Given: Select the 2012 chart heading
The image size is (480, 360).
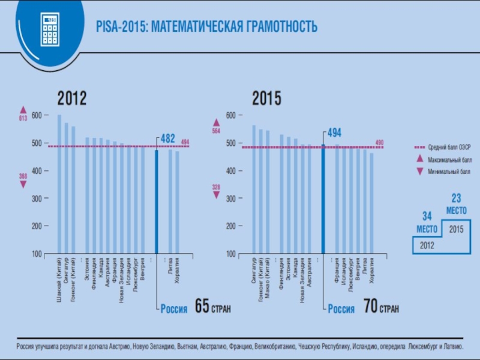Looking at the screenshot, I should [x=72, y=98].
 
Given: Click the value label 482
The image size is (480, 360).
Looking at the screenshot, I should [x=168, y=139].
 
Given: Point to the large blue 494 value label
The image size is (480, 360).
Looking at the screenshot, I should [x=334, y=132].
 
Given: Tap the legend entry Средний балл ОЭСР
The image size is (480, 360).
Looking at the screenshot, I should [x=449, y=146].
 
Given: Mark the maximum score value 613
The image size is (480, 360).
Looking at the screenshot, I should [x=23, y=118].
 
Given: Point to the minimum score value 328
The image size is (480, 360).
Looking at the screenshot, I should [x=216, y=187].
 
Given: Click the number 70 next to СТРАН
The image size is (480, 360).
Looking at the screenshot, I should [x=370, y=308].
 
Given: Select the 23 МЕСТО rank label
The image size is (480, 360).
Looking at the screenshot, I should [x=455, y=203].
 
